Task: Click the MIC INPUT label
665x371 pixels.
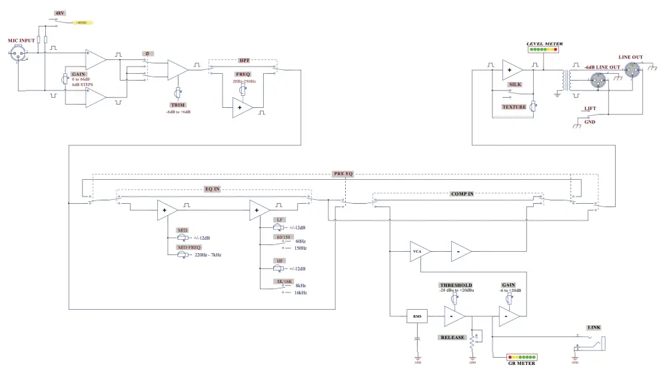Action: tap(21, 41)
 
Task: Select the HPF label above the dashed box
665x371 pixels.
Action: tap(244, 59)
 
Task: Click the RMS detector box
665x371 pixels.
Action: tap(417, 316)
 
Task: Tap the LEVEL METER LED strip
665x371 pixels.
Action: tap(544, 50)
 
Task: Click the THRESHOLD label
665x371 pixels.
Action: tap(456, 285)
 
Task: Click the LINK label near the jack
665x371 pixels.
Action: tap(594, 328)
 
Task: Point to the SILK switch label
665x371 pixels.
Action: tap(514, 85)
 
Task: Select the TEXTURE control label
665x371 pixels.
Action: tap(514, 107)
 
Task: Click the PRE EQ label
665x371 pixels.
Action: tap(343, 173)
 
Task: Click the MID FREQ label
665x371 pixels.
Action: tap(189, 247)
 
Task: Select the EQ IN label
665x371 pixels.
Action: tap(212, 189)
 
